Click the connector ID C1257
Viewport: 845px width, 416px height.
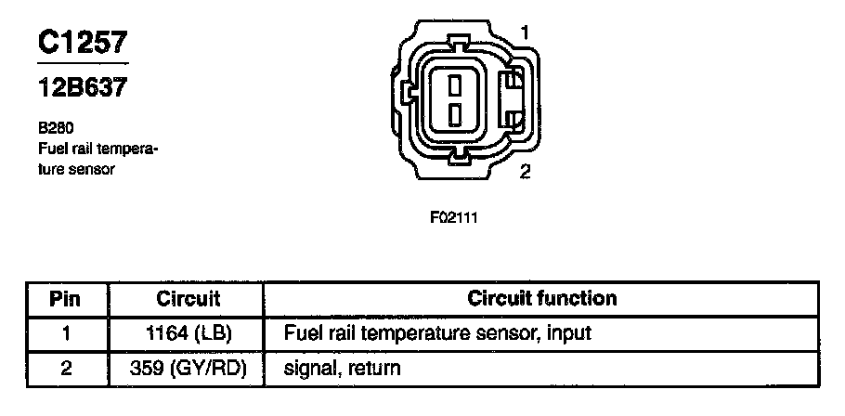(x=82, y=43)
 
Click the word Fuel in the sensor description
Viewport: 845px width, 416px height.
(x=52, y=149)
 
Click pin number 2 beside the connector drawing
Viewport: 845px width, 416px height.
(x=526, y=172)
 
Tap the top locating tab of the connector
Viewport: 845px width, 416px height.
(x=456, y=43)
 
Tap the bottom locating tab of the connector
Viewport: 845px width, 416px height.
(x=456, y=158)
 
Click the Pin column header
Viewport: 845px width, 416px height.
(x=65, y=299)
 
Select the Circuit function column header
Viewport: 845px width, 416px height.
(x=541, y=299)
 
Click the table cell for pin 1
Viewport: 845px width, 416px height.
(x=65, y=332)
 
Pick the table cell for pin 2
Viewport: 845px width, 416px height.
(x=65, y=369)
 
